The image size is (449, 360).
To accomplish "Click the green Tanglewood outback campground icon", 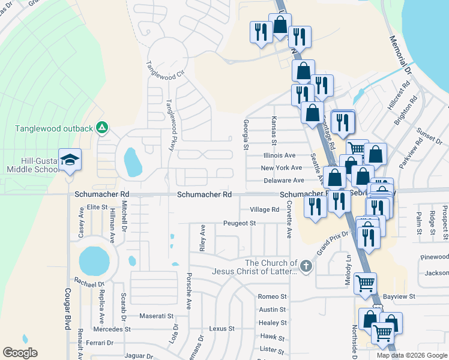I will [x=103, y=127].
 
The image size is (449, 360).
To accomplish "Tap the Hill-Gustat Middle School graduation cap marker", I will [x=70, y=160].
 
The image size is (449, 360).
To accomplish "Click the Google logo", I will [x=20, y=353].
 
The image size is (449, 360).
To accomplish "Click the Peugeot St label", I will [x=240, y=223].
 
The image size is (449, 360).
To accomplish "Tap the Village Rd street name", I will [x=265, y=210].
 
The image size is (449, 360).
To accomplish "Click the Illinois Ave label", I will [x=279, y=155].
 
